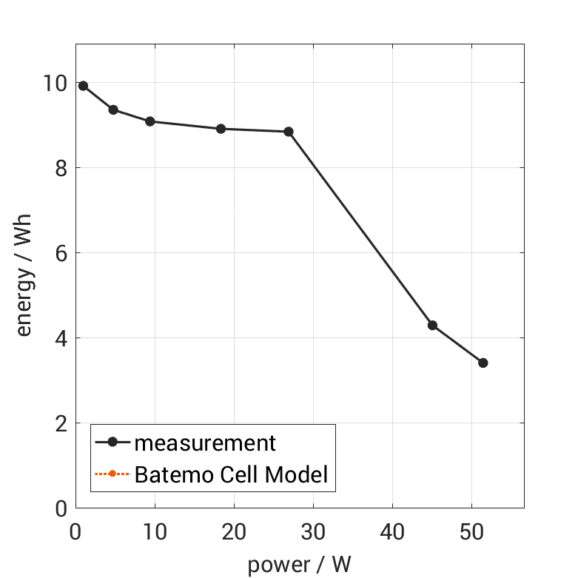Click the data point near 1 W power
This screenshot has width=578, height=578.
84,86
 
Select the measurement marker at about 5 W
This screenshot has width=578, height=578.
113,110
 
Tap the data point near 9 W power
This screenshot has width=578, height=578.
149,121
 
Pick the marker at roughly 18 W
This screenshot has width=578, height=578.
221,129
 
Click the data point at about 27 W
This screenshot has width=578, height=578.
289,132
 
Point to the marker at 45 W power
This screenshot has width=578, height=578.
432,326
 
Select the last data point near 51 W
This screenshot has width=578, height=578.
483,363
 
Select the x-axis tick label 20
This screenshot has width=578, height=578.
234,532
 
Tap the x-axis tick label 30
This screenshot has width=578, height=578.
313,532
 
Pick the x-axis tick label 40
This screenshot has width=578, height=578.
392,532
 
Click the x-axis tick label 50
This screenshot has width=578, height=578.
471,532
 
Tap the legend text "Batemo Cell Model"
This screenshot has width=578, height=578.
231,474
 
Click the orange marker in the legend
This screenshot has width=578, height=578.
112,474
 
